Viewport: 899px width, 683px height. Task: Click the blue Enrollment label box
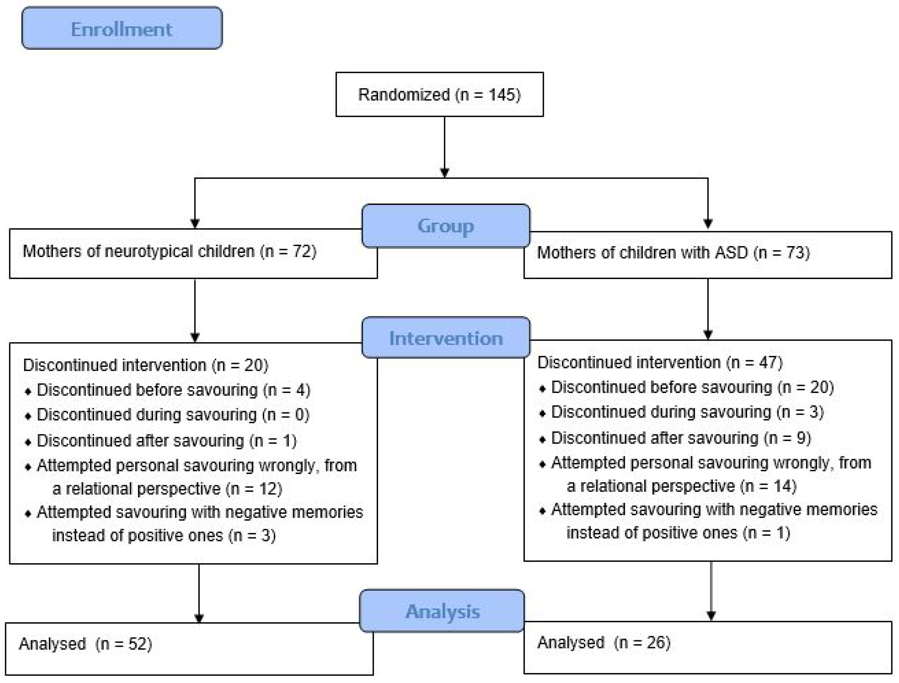[122, 29]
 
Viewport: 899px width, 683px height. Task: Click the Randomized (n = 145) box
[439, 95]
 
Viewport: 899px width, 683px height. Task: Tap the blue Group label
[445, 226]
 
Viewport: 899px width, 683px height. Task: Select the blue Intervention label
[445, 338]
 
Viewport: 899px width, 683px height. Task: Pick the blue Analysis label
[442, 612]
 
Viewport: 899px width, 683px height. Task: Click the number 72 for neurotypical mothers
[302, 251]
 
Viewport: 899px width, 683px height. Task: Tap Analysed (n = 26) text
[604, 643]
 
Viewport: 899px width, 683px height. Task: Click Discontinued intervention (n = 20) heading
[145, 365]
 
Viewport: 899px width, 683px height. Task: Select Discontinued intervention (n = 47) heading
[660, 363]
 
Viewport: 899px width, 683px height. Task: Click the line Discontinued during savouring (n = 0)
[173, 415]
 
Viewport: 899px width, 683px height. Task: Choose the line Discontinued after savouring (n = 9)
[681, 438]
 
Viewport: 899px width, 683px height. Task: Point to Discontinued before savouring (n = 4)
[173, 390]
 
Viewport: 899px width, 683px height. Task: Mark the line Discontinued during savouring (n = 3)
[687, 412]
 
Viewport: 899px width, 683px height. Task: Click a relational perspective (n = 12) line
[167, 489]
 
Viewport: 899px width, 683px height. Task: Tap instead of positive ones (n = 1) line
[678, 533]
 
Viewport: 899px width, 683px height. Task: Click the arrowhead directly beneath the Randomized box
[445, 172]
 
